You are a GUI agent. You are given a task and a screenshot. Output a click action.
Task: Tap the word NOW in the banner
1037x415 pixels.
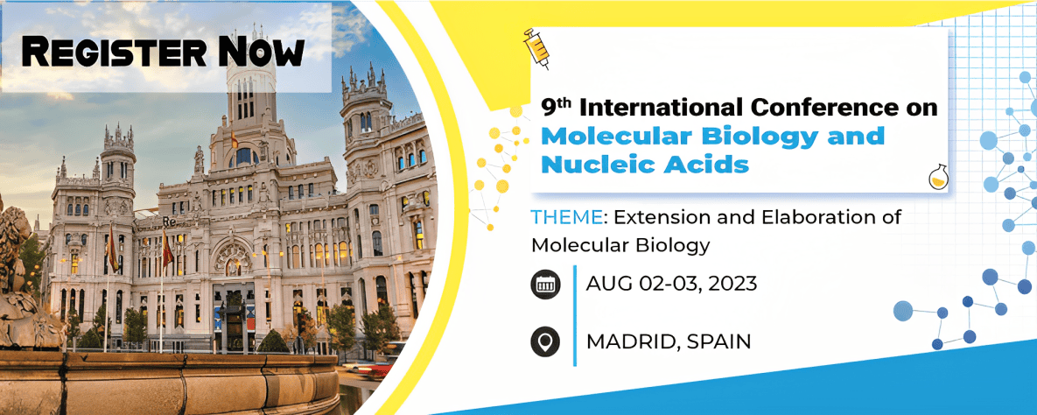coord(262,51)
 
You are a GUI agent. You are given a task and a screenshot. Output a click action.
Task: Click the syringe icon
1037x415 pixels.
coord(536,47)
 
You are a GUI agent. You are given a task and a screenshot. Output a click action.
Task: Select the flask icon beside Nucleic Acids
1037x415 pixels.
coord(937,177)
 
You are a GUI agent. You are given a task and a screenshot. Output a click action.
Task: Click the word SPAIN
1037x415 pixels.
coord(718,341)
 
